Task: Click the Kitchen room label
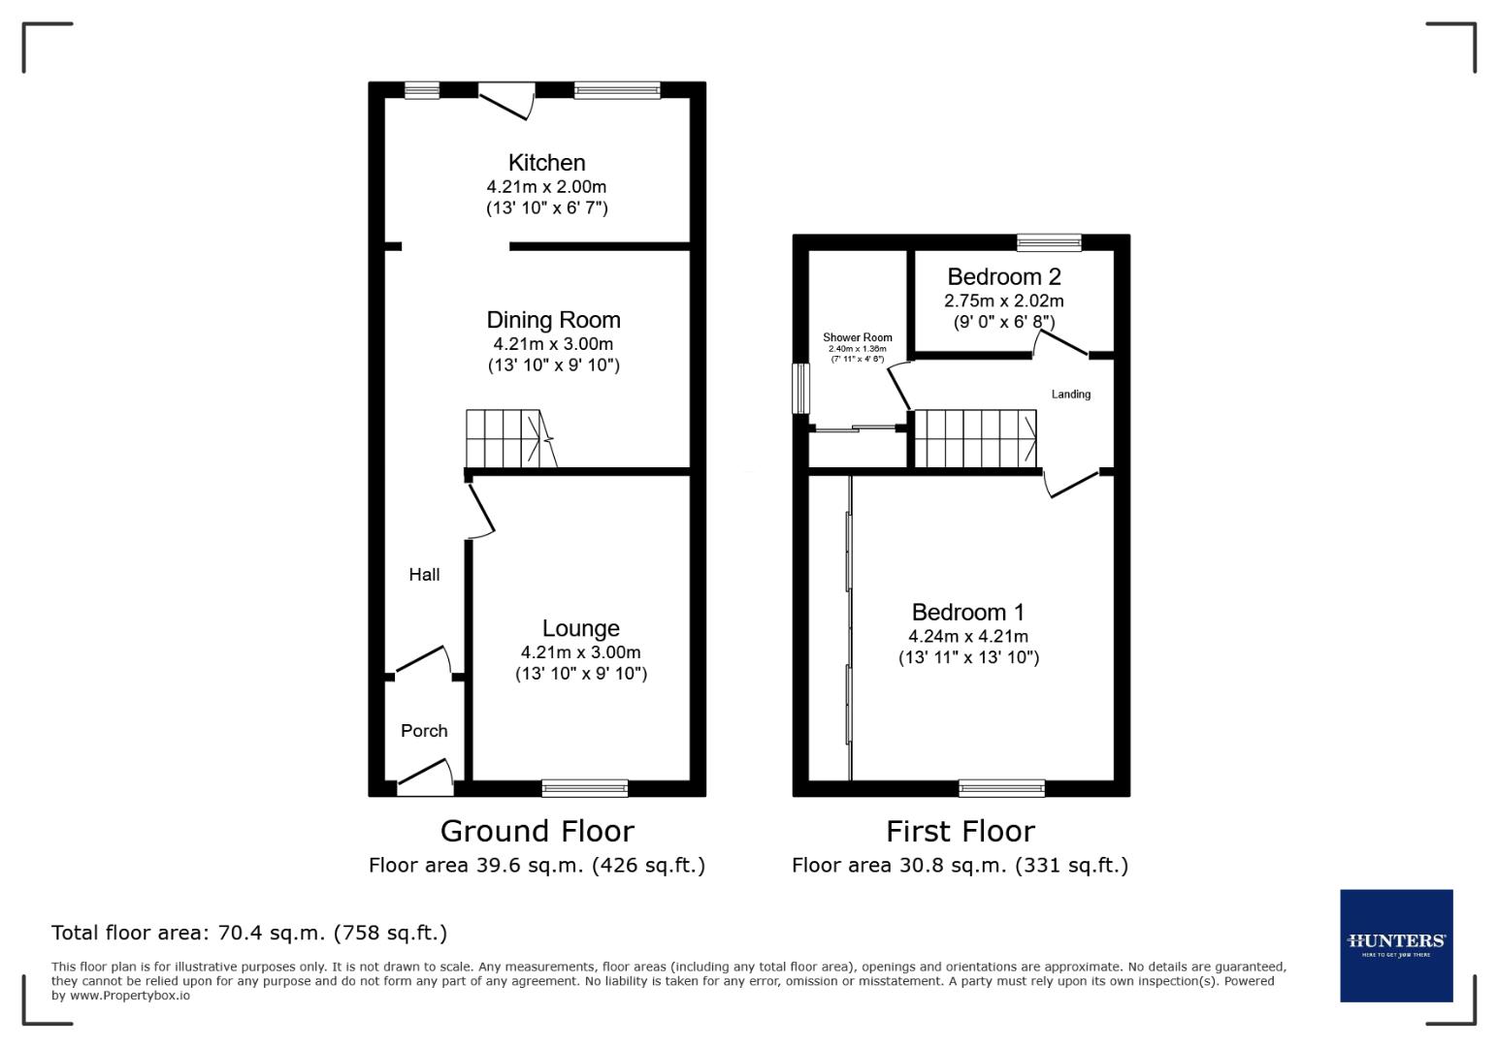point(546,163)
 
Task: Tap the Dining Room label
point(553,320)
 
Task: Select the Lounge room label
point(580,628)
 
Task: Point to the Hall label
point(424,575)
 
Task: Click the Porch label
point(424,731)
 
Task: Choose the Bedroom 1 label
point(967,613)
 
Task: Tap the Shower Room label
point(858,337)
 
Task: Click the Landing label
point(1071,395)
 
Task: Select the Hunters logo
point(1396,945)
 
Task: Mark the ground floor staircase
point(505,438)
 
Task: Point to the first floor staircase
point(975,438)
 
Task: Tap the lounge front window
point(584,788)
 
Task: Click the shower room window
point(800,389)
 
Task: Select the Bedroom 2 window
point(1049,242)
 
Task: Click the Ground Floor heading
point(537,831)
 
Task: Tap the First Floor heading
point(960,831)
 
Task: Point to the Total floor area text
point(249,933)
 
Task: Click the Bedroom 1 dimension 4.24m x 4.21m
point(967,637)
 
